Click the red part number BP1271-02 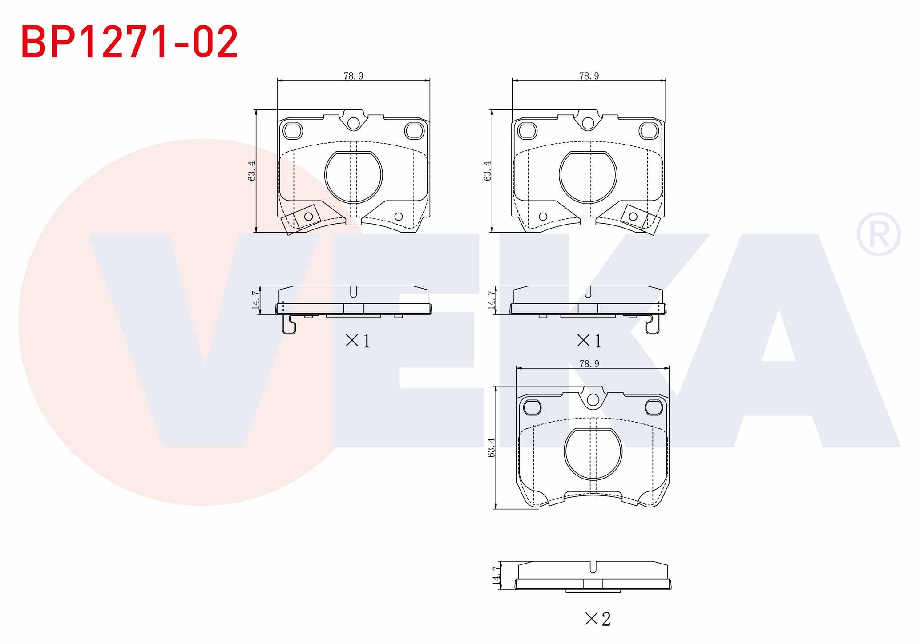pos(129,42)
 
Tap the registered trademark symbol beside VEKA pos(879,234)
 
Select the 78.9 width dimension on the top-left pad pos(353,76)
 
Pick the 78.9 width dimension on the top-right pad pos(589,76)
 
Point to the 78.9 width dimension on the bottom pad pos(589,364)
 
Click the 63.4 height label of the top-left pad pos(252,171)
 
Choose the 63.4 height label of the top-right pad pos(488,171)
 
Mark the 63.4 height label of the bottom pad pos(491,447)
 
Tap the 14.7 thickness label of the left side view pos(255,300)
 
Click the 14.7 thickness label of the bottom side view pos(496,576)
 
